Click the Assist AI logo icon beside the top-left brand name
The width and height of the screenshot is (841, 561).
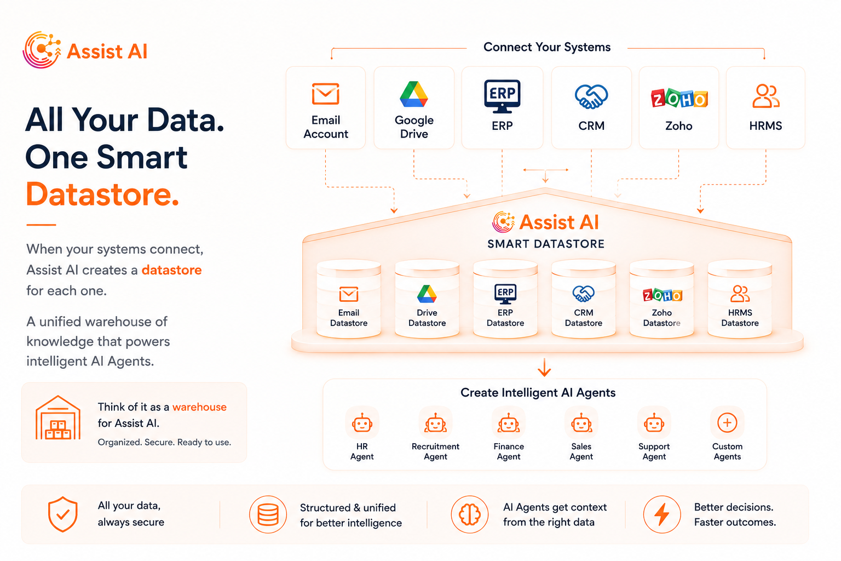pyautogui.click(x=42, y=50)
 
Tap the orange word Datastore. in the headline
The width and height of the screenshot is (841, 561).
pyautogui.click(x=102, y=194)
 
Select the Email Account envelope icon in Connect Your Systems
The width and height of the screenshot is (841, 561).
pyautogui.click(x=326, y=94)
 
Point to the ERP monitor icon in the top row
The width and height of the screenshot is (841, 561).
pyautogui.click(x=502, y=96)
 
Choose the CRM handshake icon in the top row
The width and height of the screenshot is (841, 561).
pyautogui.click(x=591, y=96)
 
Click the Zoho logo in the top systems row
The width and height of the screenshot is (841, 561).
pyautogui.click(x=679, y=99)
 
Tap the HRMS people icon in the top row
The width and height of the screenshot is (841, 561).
pyautogui.click(x=766, y=96)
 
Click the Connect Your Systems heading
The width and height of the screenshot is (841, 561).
pyautogui.click(x=547, y=47)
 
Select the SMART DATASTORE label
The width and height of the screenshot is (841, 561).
pyautogui.click(x=546, y=244)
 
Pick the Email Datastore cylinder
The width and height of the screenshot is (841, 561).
pyautogui.click(x=349, y=299)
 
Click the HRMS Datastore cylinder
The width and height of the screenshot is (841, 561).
pyautogui.click(x=740, y=299)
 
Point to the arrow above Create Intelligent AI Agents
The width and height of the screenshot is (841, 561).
pyautogui.click(x=544, y=368)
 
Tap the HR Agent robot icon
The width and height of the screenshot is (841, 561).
pyautogui.click(x=362, y=423)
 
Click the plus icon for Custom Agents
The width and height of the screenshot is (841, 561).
pyautogui.click(x=727, y=423)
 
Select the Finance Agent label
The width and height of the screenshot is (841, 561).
pyautogui.click(x=509, y=451)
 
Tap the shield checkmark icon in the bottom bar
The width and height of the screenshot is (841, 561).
pyautogui.click(x=63, y=514)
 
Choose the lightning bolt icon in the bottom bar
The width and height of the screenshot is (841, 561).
pyautogui.click(x=662, y=514)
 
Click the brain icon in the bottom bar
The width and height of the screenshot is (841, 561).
pyautogui.click(x=470, y=514)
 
